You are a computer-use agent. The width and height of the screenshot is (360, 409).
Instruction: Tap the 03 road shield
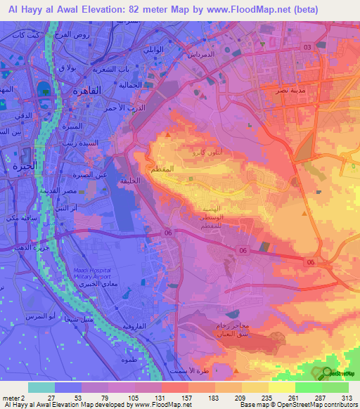point(307,46)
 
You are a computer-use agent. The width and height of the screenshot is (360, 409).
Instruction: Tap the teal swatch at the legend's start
point(41,387)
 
